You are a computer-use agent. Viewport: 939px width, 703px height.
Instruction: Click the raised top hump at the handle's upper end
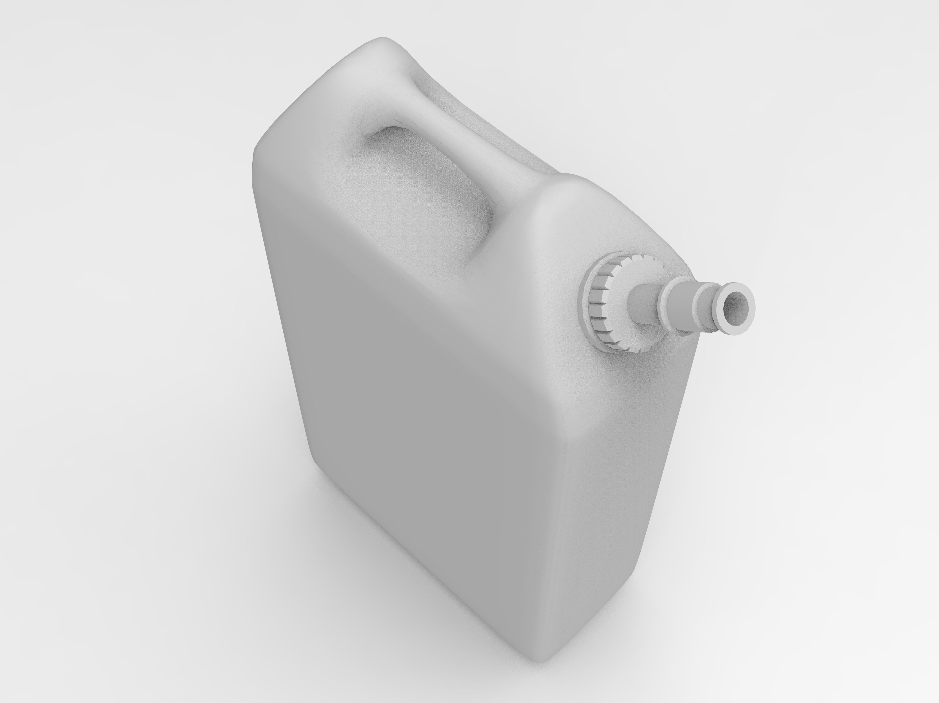382,47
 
